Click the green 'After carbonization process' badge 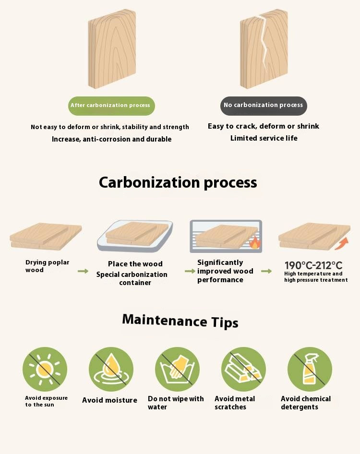tap(111, 106)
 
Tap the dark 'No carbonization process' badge tap(264, 106)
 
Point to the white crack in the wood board tap(264, 40)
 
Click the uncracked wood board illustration tap(112, 48)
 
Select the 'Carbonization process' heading tap(178, 183)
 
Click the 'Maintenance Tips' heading tap(180, 321)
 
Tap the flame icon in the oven tap(255, 243)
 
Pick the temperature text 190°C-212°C tap(313, 265)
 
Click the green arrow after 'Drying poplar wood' tap(83, 271)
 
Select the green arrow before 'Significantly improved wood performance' tap(190, 271)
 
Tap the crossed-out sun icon tap(45, 369)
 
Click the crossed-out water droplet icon tap(111, 369)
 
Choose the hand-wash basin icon tap(177, 369)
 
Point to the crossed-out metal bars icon tap(243, 369)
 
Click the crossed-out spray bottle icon tap(310, 369)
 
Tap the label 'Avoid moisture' tap(109, 400)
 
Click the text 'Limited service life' tap(264, 138)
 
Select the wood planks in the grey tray tap(137, 233)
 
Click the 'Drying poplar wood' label tap(47, 266)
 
